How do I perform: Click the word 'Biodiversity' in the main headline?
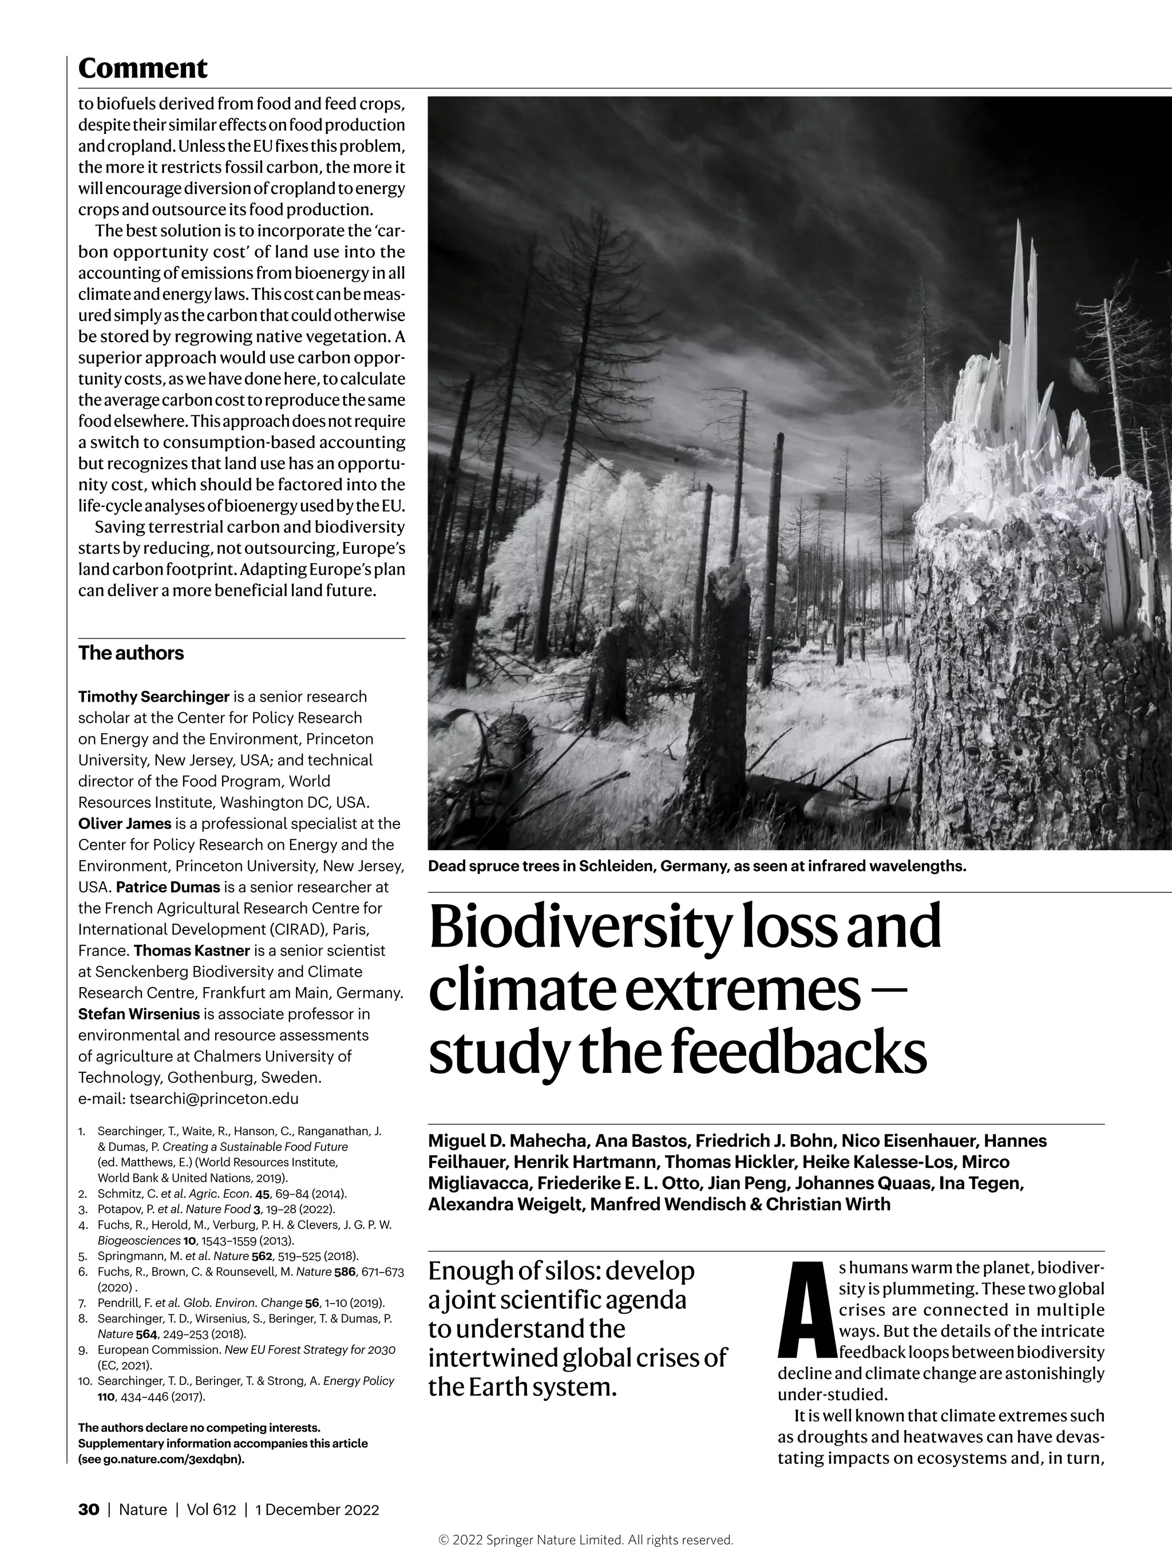[x=579, y=928]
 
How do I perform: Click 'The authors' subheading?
[x=131, y=653]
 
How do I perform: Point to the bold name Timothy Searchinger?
[x=153, y=697]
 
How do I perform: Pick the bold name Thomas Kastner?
[x=192, y=951]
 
